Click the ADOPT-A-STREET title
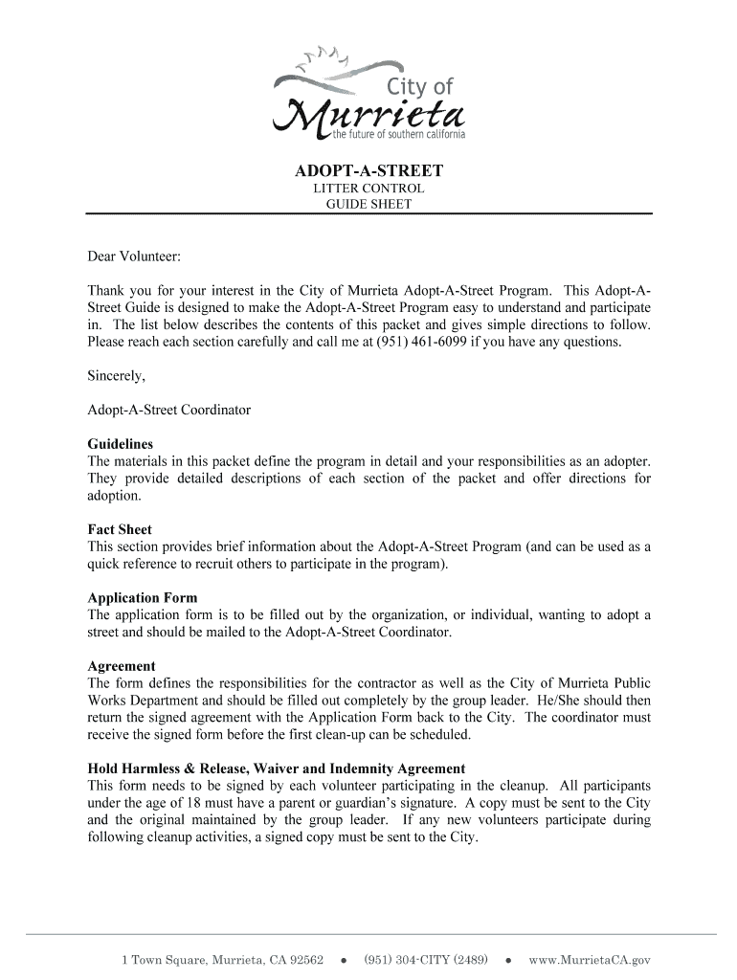pyautogui.click(x=368, y=171)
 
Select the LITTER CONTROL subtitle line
pyautogui.click(x=368, y=189)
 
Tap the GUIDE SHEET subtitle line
pyautogui.click(x=368, y=204)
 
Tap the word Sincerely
pyautogui.click(x=117, y=375)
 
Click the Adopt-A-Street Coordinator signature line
pyautogui.click(x=169, y=410)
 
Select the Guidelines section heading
pyautogui.click(x=121, y=444)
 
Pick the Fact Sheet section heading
pyautogui.click(x=120, y=529)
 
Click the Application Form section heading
pyautogui.click(x=143, y=598)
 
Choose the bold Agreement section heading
pyautogui.click(x=122, y=666)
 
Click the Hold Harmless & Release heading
pyautogui.click(x=277, y=768)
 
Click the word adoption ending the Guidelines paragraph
pyautogui.click(x=113, y=496)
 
